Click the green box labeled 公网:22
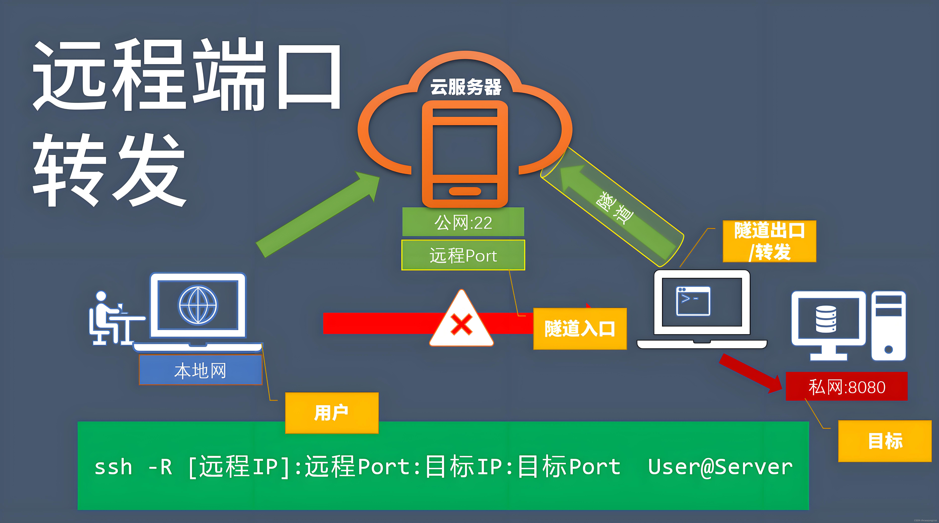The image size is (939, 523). coord(463,222)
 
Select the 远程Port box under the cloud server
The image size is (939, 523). coord(463,255)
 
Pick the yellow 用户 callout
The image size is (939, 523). coord(331,413)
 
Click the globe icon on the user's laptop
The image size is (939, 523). coord(198,305)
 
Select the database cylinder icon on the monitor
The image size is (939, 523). coord(826,319)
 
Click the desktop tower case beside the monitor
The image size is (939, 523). coord(888,326)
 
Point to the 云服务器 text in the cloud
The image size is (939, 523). coord(466,87)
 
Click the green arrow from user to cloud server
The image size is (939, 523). coord(317,215)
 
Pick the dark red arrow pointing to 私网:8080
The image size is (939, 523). coord(751,374)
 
